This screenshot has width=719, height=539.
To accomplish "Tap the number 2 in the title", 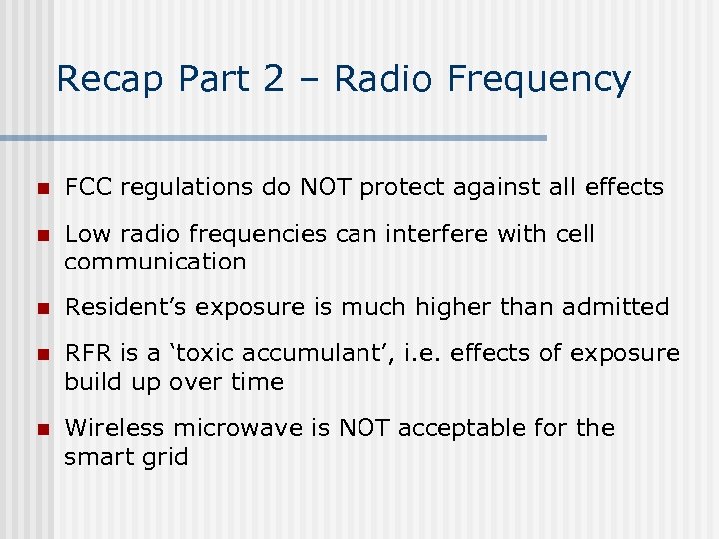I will click(273, 79).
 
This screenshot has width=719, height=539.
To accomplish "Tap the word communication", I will click(155, 262).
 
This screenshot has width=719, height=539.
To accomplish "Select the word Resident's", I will click(127, 307).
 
